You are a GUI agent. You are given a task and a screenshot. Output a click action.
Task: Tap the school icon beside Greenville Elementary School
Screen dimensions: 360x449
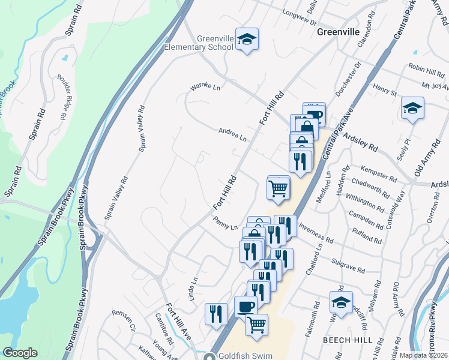[247, 40]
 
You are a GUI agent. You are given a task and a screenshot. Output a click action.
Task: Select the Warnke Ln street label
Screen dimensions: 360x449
[205, 88]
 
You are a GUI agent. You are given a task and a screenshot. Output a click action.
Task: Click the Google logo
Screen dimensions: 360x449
[20, 353]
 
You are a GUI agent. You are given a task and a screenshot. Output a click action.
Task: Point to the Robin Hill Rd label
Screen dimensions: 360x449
[425, 68]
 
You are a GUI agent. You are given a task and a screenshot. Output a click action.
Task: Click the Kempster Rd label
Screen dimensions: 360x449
[381, 174]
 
